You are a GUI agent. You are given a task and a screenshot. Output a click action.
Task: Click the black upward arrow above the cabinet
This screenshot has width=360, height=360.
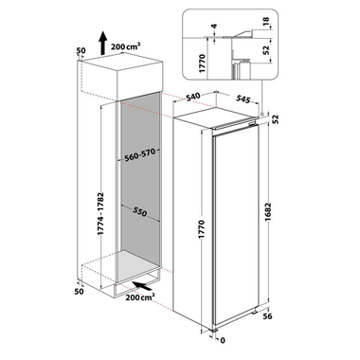103,43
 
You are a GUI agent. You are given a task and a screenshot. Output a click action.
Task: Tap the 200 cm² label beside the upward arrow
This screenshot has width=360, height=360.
126,46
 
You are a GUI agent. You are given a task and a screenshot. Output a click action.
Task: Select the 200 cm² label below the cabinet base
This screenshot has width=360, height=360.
140,297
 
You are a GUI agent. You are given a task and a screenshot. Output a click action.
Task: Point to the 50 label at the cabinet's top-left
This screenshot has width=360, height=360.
81,50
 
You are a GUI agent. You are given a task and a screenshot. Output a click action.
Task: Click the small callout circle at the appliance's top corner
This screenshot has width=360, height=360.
262,114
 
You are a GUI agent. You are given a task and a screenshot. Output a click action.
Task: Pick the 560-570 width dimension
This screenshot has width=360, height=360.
140,155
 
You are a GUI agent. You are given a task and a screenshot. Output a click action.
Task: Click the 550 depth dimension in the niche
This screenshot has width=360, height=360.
139,212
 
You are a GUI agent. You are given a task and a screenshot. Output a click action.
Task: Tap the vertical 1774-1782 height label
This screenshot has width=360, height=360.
100,213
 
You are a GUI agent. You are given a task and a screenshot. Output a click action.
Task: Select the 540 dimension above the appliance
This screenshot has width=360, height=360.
193,97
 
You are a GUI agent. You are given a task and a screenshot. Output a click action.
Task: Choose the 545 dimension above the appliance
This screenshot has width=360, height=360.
243,99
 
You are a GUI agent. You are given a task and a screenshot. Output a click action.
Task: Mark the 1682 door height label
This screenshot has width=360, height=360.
268,213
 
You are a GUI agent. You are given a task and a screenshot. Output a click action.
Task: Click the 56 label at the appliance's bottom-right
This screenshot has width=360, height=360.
267,316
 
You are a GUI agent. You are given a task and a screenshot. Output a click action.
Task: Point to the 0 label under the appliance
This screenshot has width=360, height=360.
223,340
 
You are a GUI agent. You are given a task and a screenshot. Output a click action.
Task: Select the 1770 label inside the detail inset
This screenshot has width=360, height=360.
203,63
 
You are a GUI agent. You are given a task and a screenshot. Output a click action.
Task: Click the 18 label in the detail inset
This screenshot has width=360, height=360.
265,22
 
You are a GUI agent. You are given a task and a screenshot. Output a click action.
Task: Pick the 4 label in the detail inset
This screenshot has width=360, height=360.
215,27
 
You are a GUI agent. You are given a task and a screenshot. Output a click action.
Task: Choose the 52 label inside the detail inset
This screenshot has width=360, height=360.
265,50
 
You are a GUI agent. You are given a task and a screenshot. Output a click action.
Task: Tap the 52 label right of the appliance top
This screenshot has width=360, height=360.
276,118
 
